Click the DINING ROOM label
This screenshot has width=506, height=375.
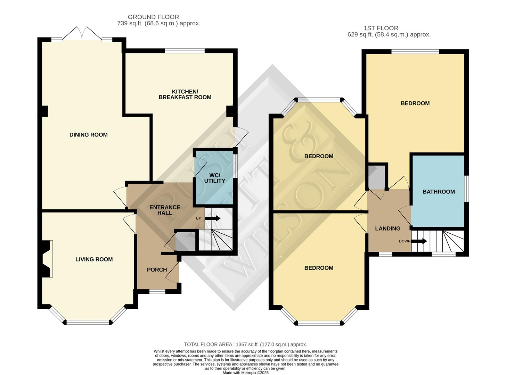(x=88, y=135)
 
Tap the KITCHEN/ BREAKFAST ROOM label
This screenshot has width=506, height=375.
(x=185, y=94)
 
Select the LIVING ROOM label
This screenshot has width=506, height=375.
(x=94, y=259)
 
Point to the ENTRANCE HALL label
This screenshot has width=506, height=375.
(x=165, y=210)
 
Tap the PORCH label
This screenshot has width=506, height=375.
(x=157, y=270)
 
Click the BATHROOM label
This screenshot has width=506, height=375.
(x=439, y=192)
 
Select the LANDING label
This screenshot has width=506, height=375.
(x=387, y=228)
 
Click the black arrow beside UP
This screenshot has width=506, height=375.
(x=212, y=218)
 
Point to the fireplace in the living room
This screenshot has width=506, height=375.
(x=46, y=259)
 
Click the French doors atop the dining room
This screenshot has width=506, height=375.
(x=82, y=34)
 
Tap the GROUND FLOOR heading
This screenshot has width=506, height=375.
(x=153, y=17)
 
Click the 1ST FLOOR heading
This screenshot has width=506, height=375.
(x=381, y=28)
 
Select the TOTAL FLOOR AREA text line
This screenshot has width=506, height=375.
(x=245, y=344)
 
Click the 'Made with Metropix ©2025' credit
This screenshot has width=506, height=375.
(x=245, y=373)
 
